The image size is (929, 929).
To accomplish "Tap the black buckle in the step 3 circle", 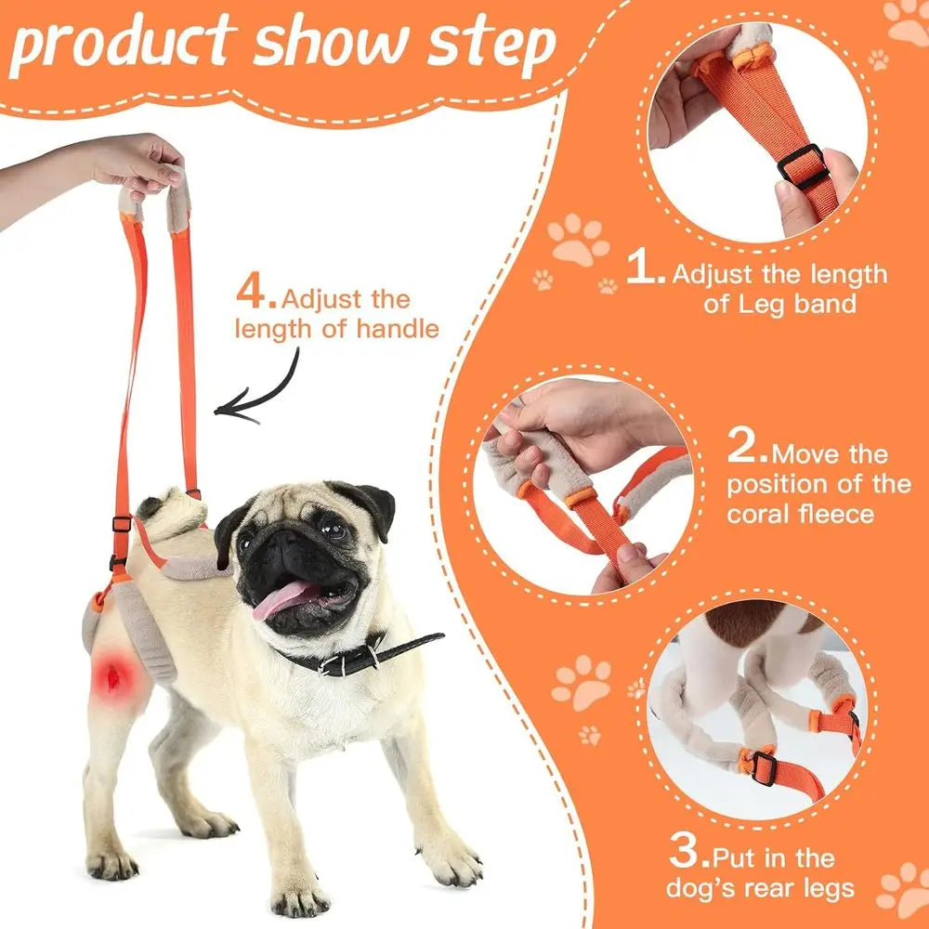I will point(764,767).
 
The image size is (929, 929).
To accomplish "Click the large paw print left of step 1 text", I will point(578,240).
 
